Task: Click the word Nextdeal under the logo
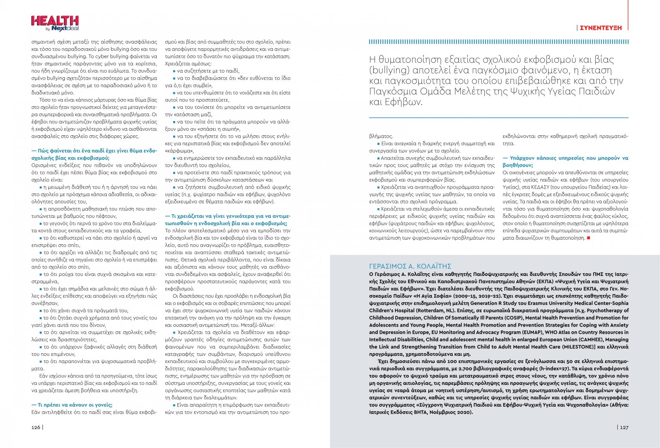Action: pyautogui.click(x=65, y=28)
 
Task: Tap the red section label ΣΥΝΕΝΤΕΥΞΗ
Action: pyautogui.click(x=601, y=28)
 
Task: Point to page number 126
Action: pyautogui.click(x=36, y=427)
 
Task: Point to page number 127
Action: pyautogui.click(x=624, y=427)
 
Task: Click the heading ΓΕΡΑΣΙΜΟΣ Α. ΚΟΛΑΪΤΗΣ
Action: pyautogui.click(x=410, y=266)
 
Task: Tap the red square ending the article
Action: pyautogui.click(x=588, y=238)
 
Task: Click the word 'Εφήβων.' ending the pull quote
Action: pyautogui.click(x=408, y=102)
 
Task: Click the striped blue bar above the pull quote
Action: pyautogui.click(x=498, y=42)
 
